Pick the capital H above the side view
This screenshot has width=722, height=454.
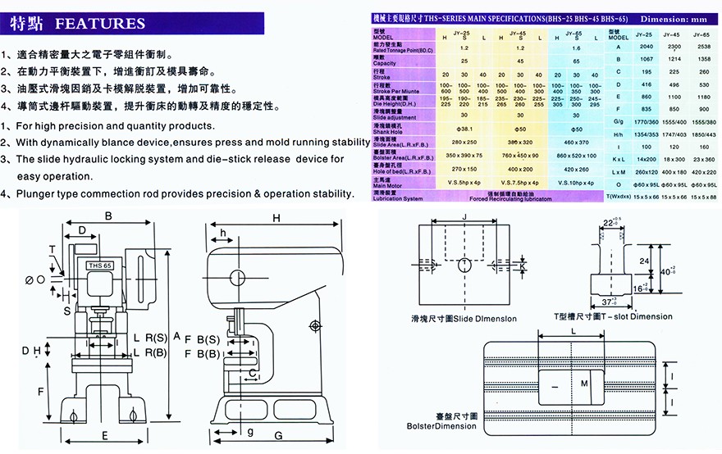276,218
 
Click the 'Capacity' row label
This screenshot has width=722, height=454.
385,64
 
